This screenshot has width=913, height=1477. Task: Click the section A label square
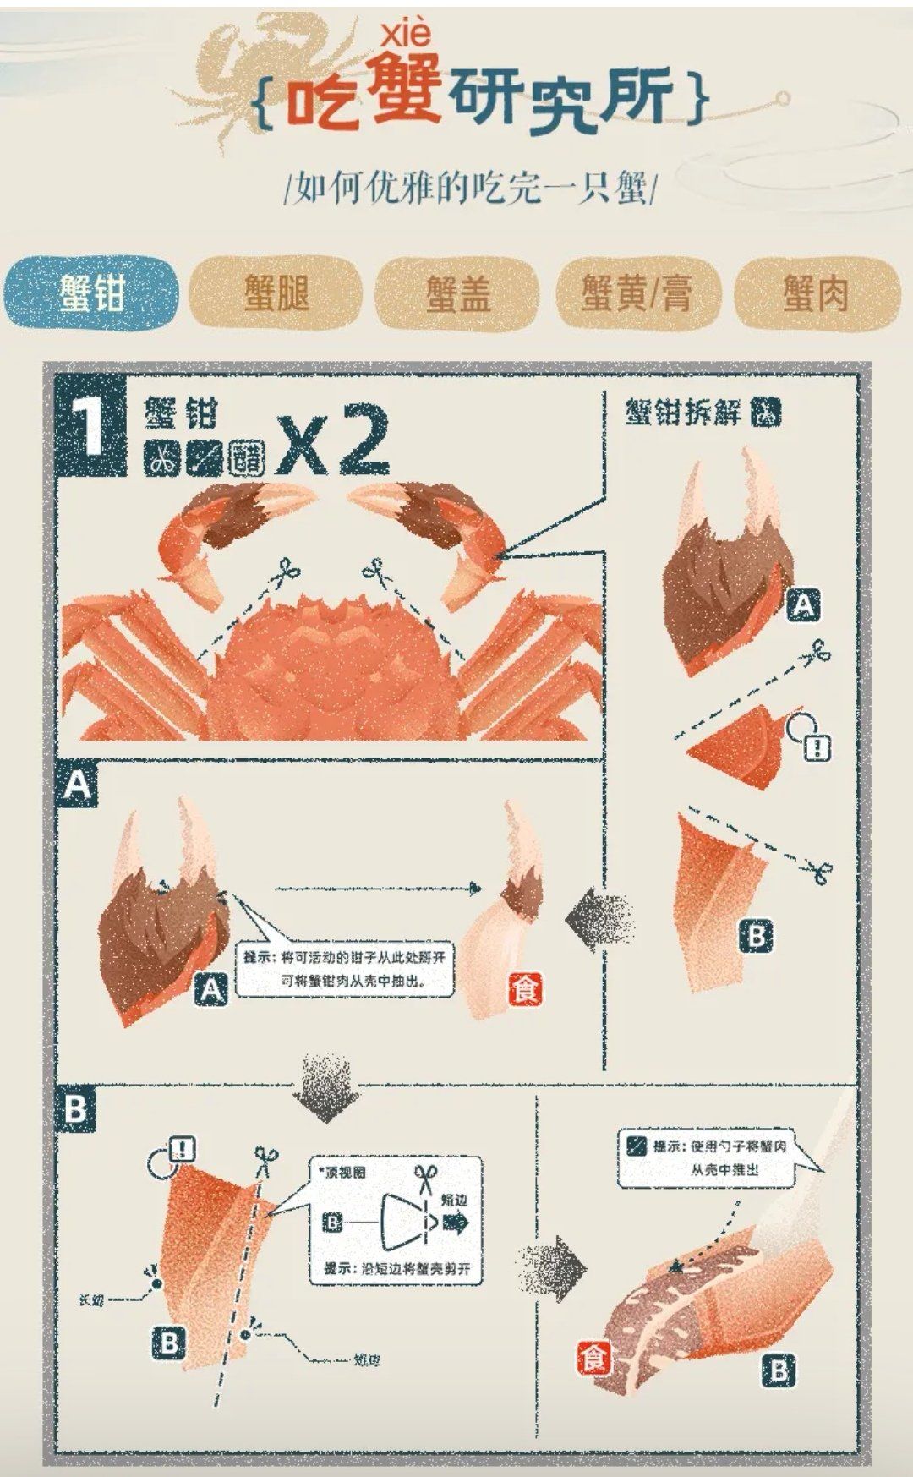(77, 785)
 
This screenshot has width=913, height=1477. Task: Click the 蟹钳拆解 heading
(683, 413)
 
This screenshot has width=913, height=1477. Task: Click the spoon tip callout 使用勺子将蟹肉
(707, 1158)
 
